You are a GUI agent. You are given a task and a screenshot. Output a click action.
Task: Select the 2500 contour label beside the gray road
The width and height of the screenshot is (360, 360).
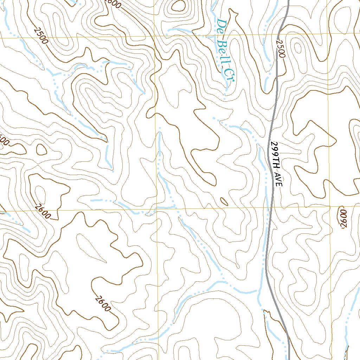280,48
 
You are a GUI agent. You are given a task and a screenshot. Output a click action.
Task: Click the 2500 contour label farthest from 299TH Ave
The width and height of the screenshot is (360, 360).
41,36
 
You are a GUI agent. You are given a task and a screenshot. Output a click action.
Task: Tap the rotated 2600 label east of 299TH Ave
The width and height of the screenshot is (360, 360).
343,218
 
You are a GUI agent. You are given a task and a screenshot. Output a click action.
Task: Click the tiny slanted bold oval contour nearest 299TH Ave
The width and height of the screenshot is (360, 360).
224,201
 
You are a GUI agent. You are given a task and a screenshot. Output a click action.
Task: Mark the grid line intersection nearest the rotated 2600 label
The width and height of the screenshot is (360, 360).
330,207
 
